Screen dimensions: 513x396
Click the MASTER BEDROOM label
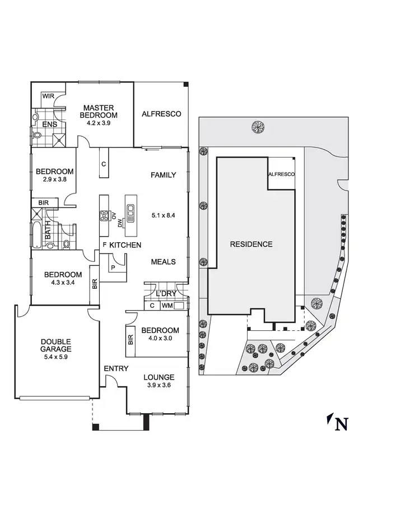point(99,112)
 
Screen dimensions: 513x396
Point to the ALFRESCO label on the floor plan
point(161,114)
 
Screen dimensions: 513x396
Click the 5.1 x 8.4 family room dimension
point(164,215)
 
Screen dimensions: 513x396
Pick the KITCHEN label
point(125,245)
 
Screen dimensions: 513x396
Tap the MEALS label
point(163,262)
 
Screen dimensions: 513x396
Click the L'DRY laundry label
point(165,294)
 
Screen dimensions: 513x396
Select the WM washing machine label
point(167,306)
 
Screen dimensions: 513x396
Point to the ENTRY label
point(116,368)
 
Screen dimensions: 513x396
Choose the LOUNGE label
point(159,377)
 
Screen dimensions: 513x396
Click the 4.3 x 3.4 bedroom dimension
point(63,283)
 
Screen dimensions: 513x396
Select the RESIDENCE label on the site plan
point(251,244)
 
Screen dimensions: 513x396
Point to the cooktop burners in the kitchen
point(104,215)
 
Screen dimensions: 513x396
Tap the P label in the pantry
point(114,267)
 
